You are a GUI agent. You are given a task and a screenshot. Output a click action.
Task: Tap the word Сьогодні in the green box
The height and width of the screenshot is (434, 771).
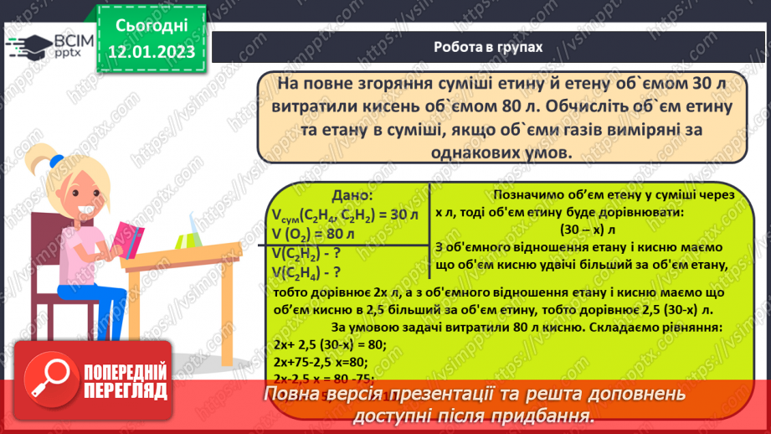point(151,25)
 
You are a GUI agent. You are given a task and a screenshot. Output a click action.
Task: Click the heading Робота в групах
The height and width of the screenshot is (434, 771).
point(488,48)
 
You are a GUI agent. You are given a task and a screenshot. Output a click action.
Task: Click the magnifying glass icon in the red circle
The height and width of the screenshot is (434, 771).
point(49,378)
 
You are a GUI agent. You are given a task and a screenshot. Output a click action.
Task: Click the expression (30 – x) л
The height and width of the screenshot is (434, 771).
point(587,230)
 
